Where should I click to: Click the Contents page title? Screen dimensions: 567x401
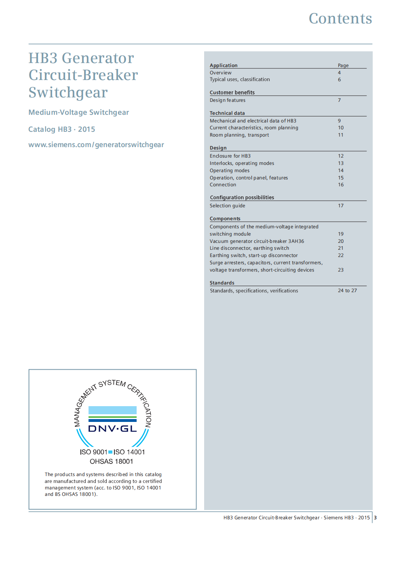340,19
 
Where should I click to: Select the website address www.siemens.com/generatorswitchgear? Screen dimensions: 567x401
96,145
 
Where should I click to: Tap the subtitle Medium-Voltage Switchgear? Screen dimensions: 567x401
79,112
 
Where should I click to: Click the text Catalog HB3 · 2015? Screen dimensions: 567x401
62,129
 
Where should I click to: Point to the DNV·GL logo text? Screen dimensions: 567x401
112,429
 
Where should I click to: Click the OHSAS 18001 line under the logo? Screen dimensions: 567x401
112,462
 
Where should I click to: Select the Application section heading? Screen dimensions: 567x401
224,65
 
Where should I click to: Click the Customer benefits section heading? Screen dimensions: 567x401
232,93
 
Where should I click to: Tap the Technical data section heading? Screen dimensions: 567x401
227,113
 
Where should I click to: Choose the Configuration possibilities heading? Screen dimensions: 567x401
242,198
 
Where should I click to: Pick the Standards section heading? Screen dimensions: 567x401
222,283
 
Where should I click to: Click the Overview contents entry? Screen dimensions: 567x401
221,73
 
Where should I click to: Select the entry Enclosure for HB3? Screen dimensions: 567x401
230,156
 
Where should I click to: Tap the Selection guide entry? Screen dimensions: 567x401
227,206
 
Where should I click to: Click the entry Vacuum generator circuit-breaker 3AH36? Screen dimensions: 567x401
257,241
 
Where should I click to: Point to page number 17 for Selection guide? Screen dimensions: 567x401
341,206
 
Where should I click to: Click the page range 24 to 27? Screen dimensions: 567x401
347,291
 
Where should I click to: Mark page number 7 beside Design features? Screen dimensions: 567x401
340,100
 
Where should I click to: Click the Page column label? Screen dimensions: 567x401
343,65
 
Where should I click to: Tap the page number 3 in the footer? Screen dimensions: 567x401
375,518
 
